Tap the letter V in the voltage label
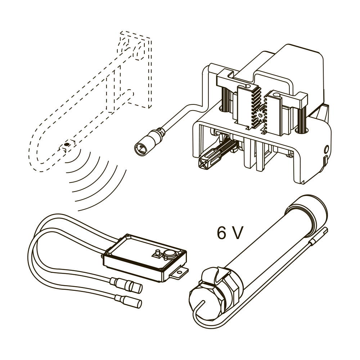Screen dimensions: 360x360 tap(237, 233)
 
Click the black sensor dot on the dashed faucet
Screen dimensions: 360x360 tap(67, 144)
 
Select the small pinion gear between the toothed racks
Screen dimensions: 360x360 tap(261, 114)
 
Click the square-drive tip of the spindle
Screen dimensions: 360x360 tap(204, 162)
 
